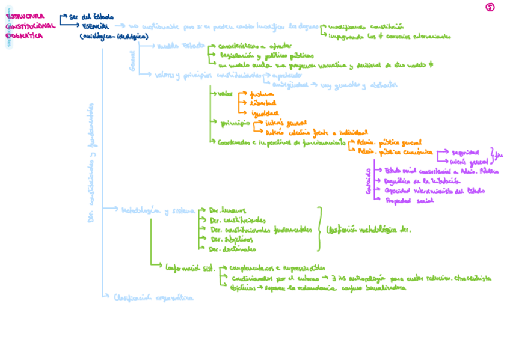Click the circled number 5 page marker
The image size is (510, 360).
tap(490, 7)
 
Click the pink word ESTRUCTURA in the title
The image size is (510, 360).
tap(25, 16)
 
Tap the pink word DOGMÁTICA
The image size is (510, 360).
tap(24, 36)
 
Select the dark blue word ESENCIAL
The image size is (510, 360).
tap(96, 26)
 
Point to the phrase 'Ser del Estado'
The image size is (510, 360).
tap(91, 17)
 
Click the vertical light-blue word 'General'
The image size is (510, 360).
tap(132, 60)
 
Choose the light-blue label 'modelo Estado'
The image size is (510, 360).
tap(181, 46)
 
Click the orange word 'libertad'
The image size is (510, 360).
tap(263, 103)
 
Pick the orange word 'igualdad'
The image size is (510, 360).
tap(265, 113)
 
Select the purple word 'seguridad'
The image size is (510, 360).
tap(465, 153)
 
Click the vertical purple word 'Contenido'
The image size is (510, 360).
tap(368, 181)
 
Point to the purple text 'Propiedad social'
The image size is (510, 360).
tap(409, 200)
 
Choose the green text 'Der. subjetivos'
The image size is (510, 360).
tap(231, 239)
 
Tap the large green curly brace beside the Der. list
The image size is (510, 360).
tap(320, 229)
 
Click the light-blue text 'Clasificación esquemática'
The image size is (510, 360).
tap(154, 297)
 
